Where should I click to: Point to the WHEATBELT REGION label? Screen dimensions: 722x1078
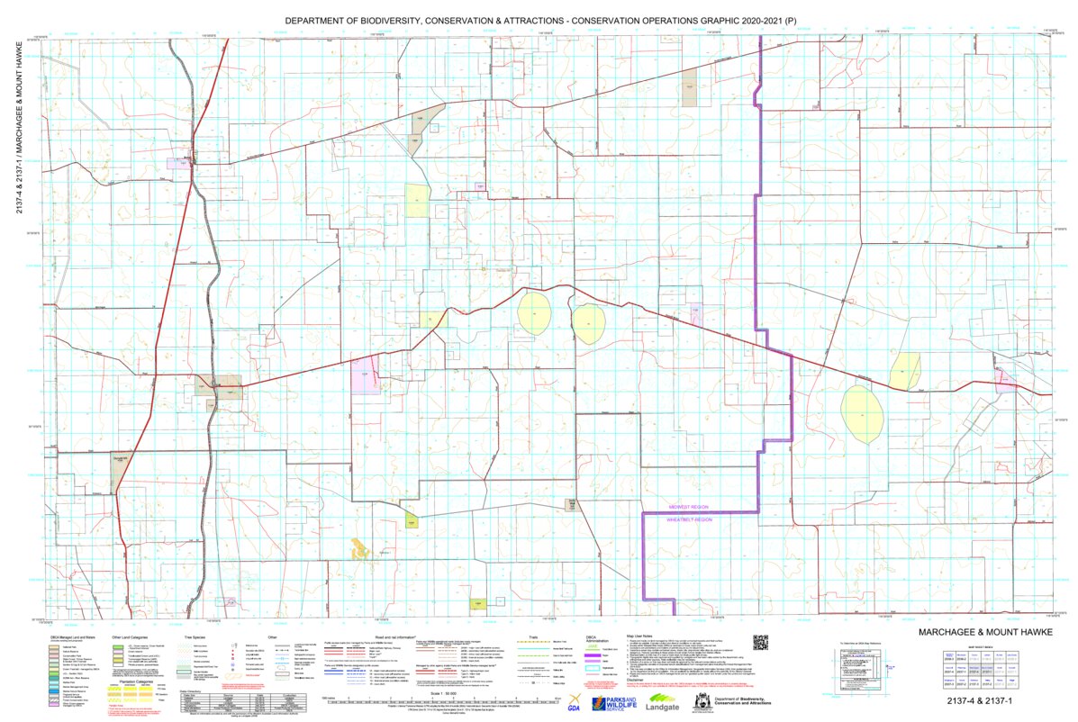(690, 519)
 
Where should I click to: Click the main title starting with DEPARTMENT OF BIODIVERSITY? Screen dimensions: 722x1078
(540, 19)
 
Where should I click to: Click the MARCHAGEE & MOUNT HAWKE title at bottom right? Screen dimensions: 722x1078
(978, 633)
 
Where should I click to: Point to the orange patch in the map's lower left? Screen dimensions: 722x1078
(360, 546)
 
